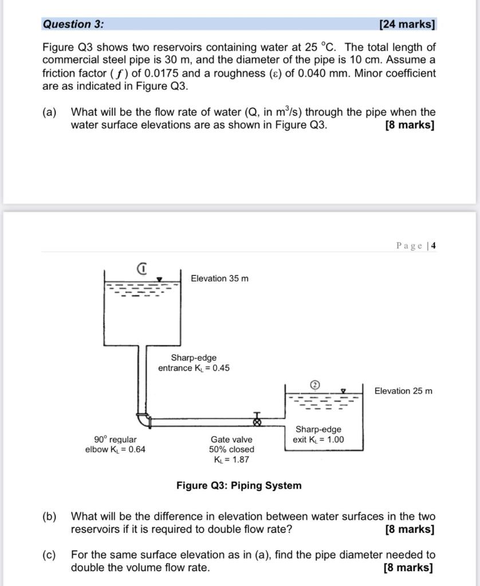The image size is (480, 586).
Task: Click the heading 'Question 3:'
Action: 73,24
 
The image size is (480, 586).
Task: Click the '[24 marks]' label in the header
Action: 407,24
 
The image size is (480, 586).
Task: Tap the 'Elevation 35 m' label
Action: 220,279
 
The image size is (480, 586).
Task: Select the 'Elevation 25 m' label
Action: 403,391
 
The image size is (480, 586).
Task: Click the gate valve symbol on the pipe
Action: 257,421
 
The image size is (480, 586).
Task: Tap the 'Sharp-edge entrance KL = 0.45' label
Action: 194,363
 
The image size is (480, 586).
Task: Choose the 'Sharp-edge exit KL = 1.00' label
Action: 318,434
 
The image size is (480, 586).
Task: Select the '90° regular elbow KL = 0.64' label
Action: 115,444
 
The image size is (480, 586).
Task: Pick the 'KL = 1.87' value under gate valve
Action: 231,460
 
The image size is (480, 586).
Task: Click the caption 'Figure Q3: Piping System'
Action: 239,486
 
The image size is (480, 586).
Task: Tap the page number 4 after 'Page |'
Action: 433,246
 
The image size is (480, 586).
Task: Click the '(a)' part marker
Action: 50,112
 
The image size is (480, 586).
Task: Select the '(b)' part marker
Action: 50,517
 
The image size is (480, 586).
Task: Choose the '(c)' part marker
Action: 50,555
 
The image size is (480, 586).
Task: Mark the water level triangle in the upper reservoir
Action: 160,280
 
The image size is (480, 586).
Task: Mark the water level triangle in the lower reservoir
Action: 343,391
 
